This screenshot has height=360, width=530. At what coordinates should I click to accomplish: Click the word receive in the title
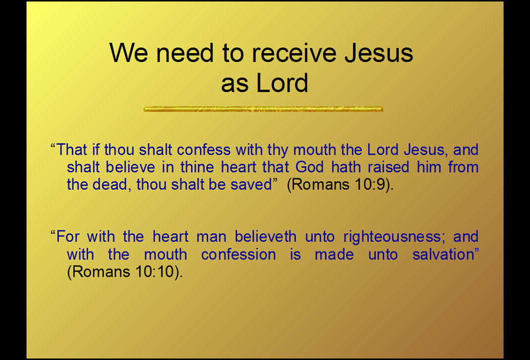pyautogui.click(x=294, y=53)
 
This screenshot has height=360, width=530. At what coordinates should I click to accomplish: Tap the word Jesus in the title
pyautogui.click(x=379, y=53)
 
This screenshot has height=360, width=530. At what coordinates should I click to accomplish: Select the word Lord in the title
pyautogui.click(x=282, y=82)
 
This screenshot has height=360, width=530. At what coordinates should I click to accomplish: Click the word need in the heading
pyautogui.click(x=185, y=53)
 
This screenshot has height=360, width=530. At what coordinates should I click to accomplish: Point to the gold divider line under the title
pyautogui.click(x=264, y=109)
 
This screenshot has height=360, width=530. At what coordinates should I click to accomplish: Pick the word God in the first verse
pyautogui.click(x=309, y=167)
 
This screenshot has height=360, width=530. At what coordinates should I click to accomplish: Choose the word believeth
pyautogui.click(x=265, y=237)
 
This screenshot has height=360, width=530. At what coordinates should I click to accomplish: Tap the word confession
pyautogui.click(x=238, y=254)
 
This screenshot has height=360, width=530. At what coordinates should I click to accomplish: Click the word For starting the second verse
pyautogui.click(x=67, y=237)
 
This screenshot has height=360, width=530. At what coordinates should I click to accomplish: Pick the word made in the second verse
pyautogui.click(x=334, y=254)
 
